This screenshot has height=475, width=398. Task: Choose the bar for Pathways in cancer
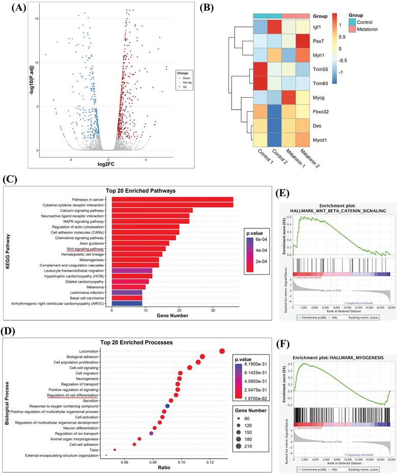[172, 199]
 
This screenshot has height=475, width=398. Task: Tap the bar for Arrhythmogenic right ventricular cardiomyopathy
[127, 304]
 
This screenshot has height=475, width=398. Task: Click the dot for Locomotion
[222, 351]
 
